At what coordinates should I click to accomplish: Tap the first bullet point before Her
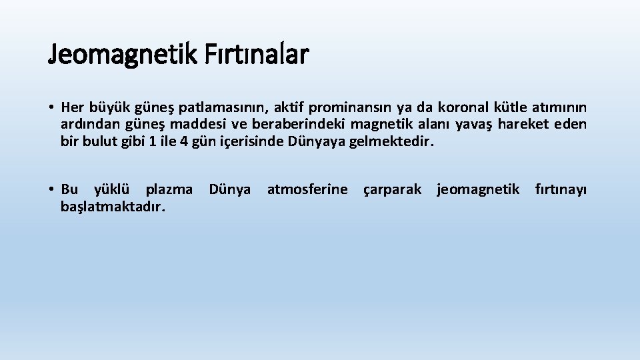51,107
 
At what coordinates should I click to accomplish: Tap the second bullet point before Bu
51,190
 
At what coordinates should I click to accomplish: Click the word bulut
97,141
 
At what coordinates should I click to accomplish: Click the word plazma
169,190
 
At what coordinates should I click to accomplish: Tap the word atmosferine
307,190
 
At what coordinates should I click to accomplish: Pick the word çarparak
392,190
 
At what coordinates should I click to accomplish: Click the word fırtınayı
561,190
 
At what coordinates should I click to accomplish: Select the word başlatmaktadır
113,207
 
